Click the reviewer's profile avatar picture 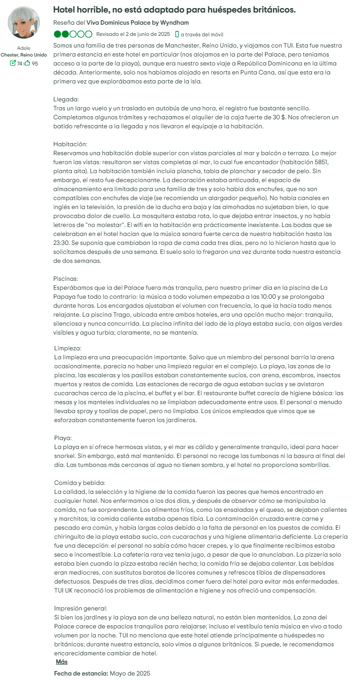click(x=24, y=22)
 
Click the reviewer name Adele click(x=24, y=48)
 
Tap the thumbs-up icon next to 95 click(x=27, y=63)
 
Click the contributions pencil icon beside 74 click(x=13, y=63)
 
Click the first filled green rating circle click(x=57, y=34)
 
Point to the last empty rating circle click(x=89, y=34)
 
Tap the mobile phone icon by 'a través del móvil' click(x=177, y=34)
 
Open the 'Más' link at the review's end click(x=61, y=662)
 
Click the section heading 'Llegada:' click(x=66, y=99)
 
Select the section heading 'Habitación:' click(x=70, y=144)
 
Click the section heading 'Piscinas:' click(x=65, y=279)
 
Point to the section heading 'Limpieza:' click(x=68, y=348)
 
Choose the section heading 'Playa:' click(x=63, y=438)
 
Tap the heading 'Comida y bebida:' click(x=79, y=483)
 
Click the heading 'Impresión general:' click(x=81, y=608)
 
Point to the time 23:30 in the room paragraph click(x=61, y=243)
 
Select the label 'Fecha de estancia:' click(x=81, y=674)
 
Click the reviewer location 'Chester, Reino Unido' click(x=24, y=55)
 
